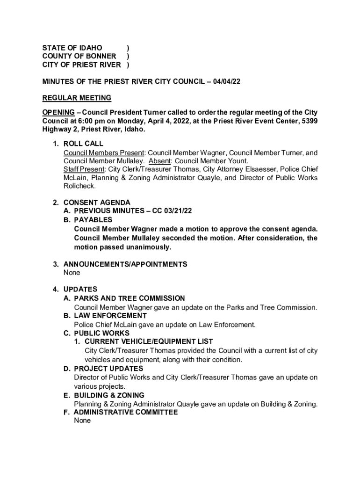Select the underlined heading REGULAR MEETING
click(x=77, y=98)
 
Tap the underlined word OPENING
click(x=58, y=112)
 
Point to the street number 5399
click(x=308, y=121)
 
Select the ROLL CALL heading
click(x=83, y=144)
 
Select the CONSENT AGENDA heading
click(x=97, y=203)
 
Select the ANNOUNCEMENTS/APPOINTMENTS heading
click(x=125, y=264)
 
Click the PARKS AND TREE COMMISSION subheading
click(x=130, y=298)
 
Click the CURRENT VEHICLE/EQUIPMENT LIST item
click(x=149, y=341)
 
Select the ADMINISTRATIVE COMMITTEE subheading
click(x=126, y=412)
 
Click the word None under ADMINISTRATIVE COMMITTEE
click(x=82, y=421)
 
